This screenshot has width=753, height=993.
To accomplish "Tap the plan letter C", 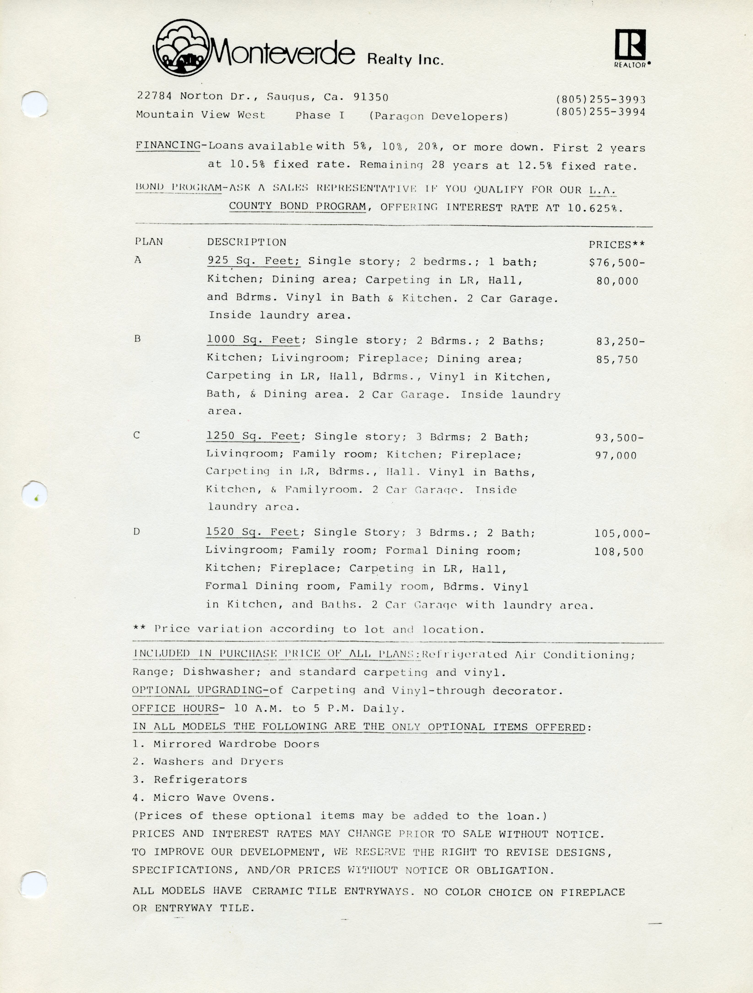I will (x=137, y=435).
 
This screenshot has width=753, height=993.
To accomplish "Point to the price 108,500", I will (x=619, y=552).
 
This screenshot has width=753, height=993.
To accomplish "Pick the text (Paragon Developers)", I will (x=439, y=116).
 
